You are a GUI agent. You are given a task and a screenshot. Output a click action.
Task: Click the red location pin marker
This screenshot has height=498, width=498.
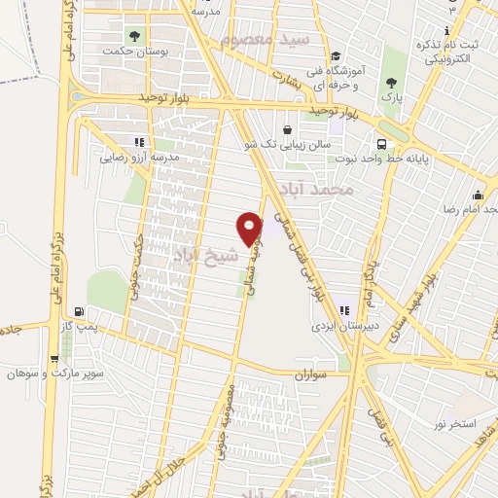(251, 228)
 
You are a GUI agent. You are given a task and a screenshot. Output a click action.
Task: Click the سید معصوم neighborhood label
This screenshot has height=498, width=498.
(264, 41)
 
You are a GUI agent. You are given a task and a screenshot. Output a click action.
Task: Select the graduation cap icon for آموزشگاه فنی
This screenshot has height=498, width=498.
(336, 55)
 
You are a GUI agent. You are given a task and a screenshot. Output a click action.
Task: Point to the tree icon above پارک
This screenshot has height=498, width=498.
(391, 83)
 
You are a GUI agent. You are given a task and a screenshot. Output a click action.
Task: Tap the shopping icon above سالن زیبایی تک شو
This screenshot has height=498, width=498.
(287, 129)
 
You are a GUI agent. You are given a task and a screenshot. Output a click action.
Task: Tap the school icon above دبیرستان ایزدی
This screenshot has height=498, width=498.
(343, 310)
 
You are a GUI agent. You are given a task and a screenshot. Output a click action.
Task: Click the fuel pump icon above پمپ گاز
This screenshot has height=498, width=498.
(79, 313)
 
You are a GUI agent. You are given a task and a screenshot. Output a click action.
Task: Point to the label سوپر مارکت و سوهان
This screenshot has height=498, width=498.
(55, 373)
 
